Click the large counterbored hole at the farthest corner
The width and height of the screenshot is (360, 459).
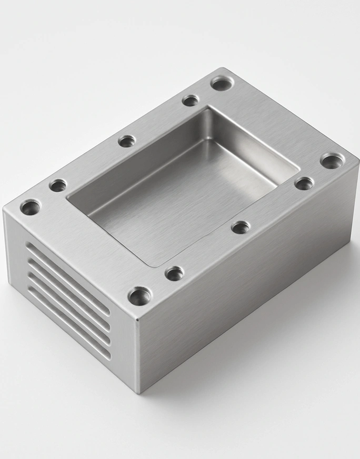tap(223, 83)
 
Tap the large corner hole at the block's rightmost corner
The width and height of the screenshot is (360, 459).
tap(332, 161)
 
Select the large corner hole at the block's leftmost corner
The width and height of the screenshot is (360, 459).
tap(31, 207)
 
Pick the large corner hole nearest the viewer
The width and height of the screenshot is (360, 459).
tap(139, 296)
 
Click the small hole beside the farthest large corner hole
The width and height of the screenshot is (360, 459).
tap(191, 100)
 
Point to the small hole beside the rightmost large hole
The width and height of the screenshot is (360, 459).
tap(304, 183)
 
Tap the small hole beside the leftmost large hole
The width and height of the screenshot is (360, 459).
tap(58, 185)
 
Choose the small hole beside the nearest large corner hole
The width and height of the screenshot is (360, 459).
tap(174, 273)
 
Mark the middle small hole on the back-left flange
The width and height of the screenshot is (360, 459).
tap(127, 141)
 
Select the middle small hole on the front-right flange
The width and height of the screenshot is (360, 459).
tap(241, 227)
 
